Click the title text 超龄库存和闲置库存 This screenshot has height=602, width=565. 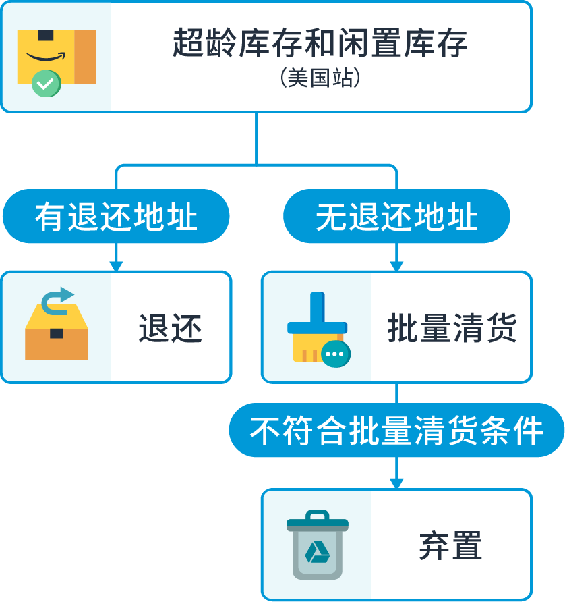(320, 43)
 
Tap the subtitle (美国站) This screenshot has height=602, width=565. (320, 78)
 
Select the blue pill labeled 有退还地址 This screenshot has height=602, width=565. (116, 216)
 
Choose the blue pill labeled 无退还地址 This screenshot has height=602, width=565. (396, 216)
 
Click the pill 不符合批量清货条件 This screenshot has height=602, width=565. (396, 430)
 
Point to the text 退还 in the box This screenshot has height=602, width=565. (171, 328)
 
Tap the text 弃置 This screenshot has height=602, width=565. (450, 545)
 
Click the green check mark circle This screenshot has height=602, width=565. (46, 83)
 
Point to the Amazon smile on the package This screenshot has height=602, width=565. (46, 57)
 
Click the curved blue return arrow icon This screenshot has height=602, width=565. (57, 301)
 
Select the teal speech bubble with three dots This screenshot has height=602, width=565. (336, 354)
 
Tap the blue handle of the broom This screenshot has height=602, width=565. (317, 308)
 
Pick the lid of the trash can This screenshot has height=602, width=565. (318, 520)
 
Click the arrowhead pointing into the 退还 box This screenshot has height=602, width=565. (116, 266)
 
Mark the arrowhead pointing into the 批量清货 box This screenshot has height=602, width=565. (396, 266)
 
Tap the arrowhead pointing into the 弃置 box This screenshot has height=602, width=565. (396, 484)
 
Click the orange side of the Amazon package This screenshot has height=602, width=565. (85, 57)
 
